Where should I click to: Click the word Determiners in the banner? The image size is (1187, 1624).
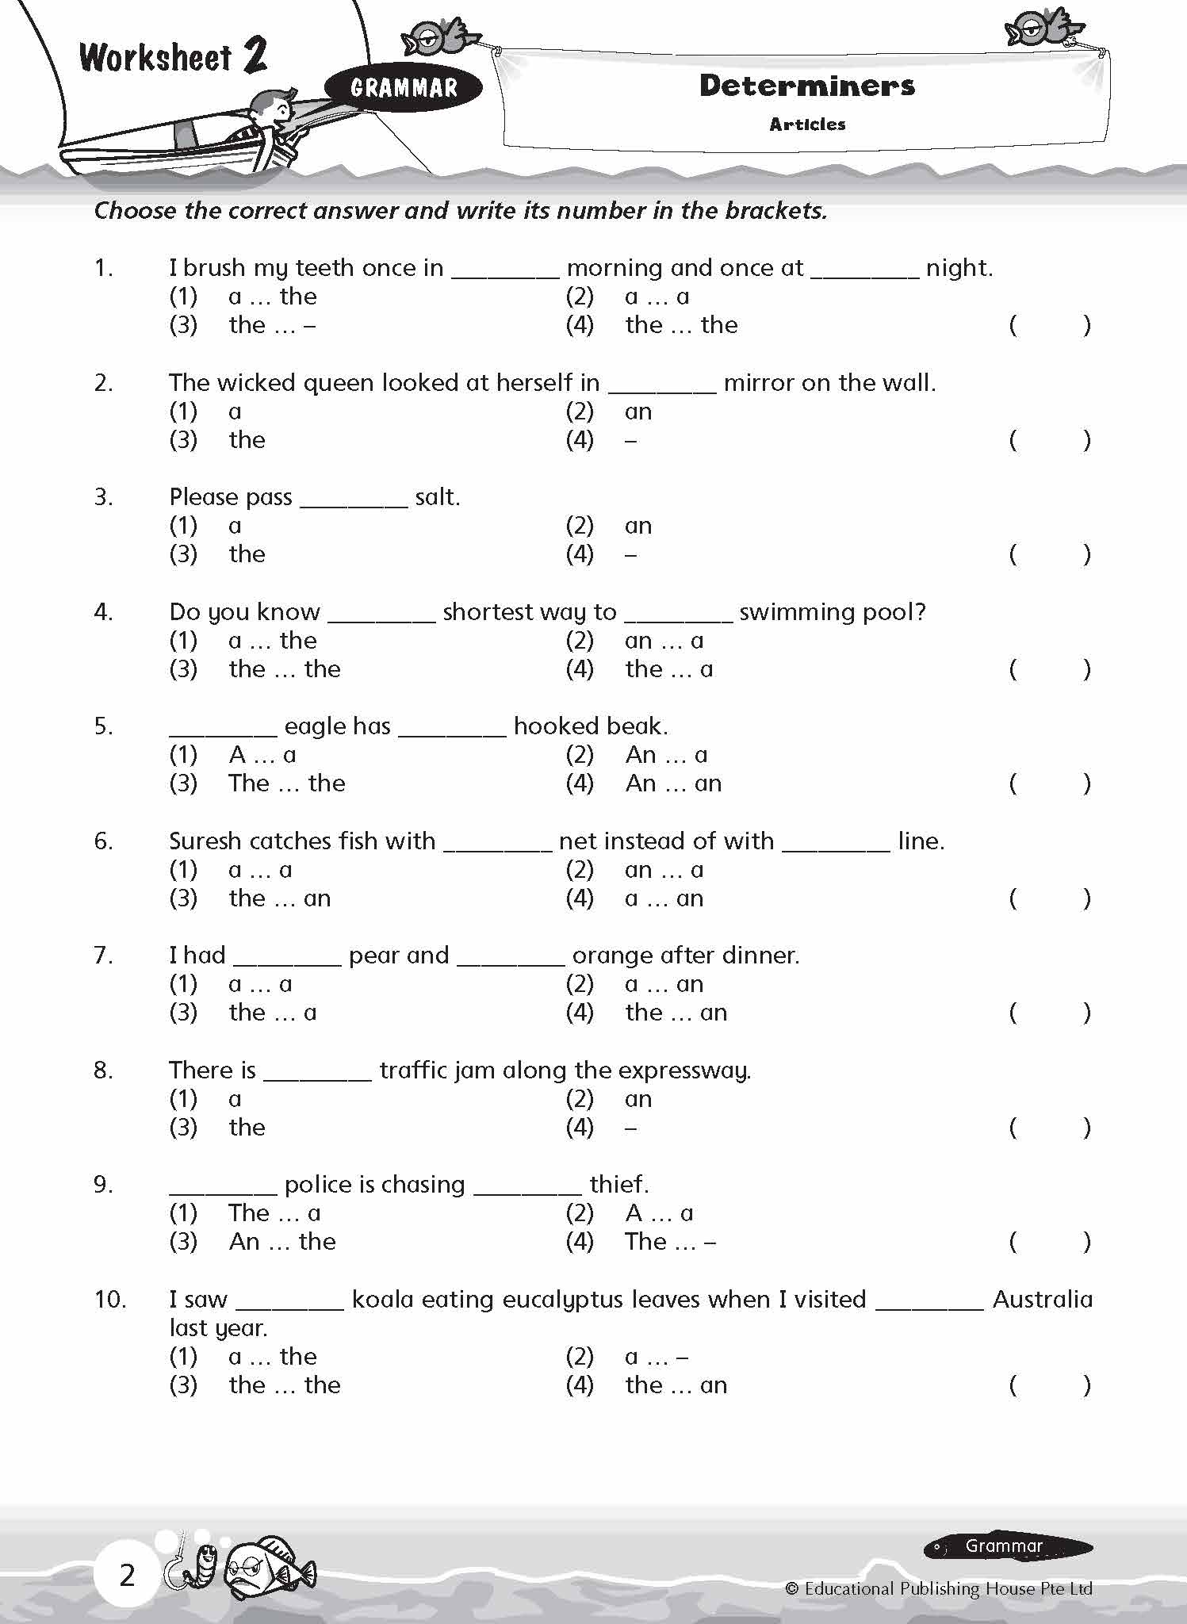point(806,86)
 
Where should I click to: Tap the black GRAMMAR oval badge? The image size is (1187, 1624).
point(404,87)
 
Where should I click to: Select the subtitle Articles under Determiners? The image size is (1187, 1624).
point(807,124)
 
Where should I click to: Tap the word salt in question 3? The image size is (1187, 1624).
point(436,497)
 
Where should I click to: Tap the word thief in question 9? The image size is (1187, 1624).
point(618,1185)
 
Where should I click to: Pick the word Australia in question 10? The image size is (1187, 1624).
point(1042,1300)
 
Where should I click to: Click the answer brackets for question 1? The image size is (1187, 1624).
point(1049,325)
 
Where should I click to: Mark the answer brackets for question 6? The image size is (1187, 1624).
point(1049,898)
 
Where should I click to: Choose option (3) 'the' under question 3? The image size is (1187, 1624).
point(247,554)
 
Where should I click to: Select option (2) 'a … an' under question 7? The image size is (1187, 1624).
point(664,984)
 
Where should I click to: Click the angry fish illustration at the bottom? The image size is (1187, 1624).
point(268,1568)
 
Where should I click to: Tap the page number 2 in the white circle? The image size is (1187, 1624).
point(127,1575)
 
